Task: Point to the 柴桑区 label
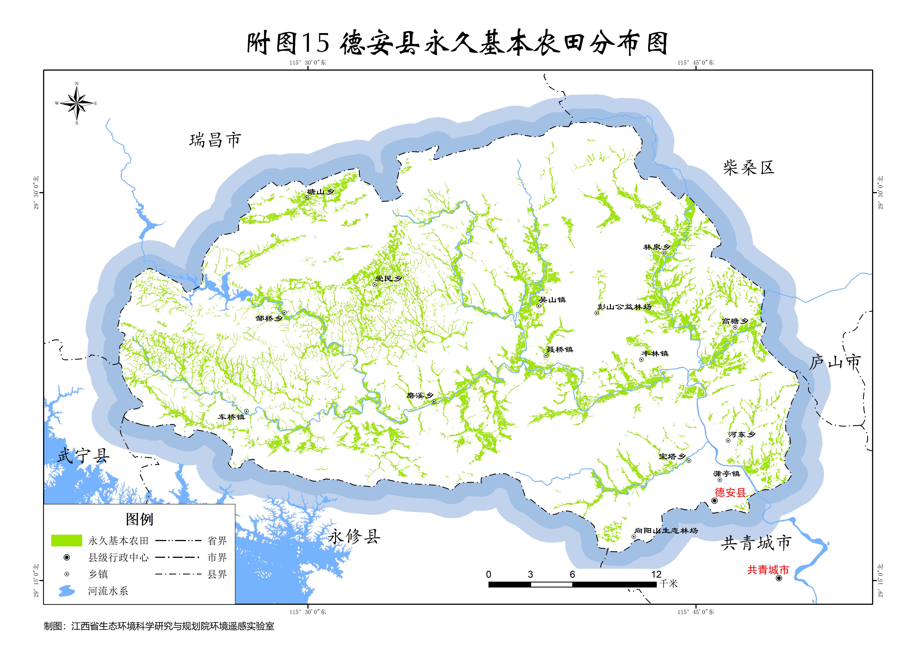748,168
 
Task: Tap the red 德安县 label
730,492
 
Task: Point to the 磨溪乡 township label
420,395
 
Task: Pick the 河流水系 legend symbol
67,591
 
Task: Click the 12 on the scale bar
656,574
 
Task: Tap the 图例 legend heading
139,519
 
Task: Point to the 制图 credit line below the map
159,626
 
